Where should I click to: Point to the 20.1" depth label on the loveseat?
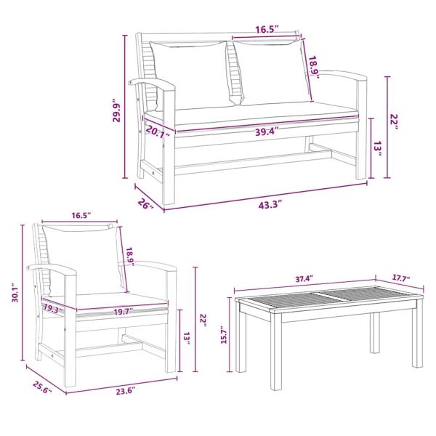pyautogui.click(x=157, y=132)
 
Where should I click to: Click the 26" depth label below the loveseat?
pyautogui.click(x=145, y=205)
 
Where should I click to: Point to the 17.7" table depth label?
pyautogui.click(x=400, y=278)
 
